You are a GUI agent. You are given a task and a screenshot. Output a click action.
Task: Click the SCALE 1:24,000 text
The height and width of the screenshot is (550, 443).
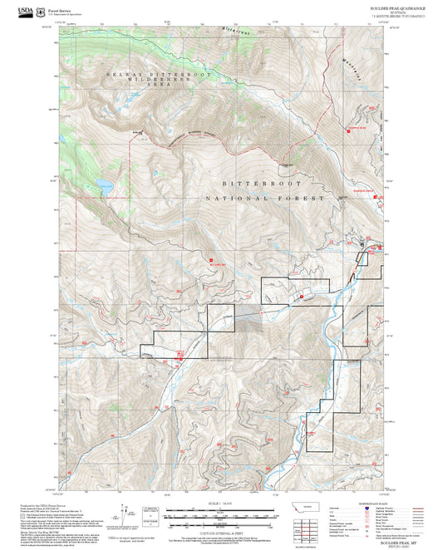(221, 503)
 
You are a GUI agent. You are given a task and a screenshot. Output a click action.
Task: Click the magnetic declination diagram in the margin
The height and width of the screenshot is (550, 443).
(125, 515)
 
